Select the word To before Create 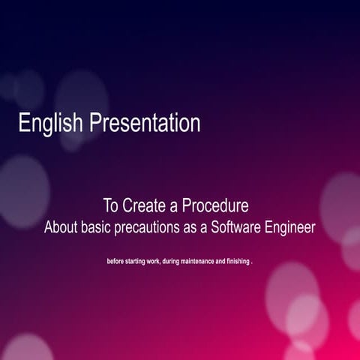tap(111, 204)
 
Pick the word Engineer tap(291, 226)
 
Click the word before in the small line tap(118, 263)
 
